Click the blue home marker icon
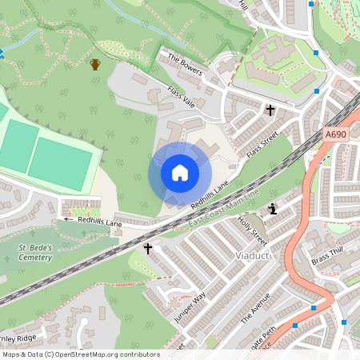180,173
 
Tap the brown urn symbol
95,64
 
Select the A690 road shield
336,135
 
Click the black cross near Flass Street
270,110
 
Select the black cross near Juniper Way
147,250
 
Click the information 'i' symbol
274,210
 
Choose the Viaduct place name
256,255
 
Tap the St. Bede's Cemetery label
37,252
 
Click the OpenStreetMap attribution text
80,354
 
